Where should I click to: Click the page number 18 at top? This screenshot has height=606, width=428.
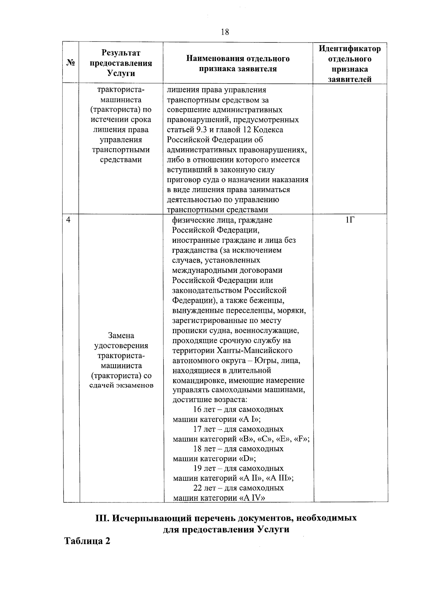[x=225, y=32]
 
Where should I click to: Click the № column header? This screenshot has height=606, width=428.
[x=71, y=63]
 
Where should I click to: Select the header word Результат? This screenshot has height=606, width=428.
[x=121, y=53]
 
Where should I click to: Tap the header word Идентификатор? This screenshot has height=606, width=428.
[x=350, y=49]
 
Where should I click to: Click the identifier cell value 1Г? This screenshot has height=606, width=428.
[x=350, y=220]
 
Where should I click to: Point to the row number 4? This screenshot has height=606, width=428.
[x=68, y=220]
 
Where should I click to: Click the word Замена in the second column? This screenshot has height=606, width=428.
[x=121, y=336]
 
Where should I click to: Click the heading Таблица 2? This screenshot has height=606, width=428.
[x=87, y=541]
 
